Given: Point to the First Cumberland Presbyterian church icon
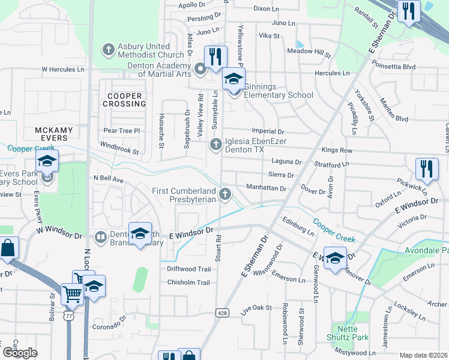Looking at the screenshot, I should (x=225, y=193).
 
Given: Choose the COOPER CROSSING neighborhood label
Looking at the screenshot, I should (x=125, y=100).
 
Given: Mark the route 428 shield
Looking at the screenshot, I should (x=223, y=313).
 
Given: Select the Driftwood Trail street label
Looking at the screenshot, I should (x=188, y=269).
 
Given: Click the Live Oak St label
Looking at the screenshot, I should (x=256, y=310).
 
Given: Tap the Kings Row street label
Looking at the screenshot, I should (x=337, y=150).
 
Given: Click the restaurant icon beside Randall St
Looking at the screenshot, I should (x=409, y=11).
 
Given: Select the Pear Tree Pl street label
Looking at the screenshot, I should (x=121, y=130).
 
